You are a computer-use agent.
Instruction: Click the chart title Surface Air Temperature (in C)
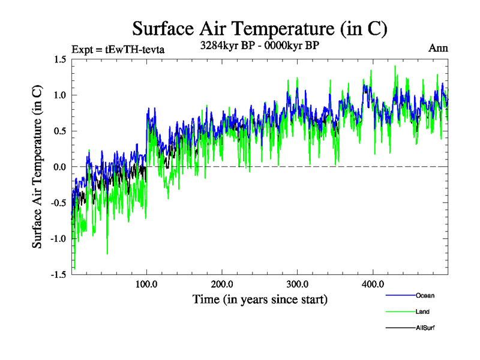[x=260, y=28]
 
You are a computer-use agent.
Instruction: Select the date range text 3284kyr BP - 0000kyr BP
[x=259, y=46]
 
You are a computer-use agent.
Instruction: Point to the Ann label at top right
[x=438, y=48]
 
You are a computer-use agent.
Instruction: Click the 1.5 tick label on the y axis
[x=59, y=59]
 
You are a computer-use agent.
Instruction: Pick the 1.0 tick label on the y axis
[x=59, y=95]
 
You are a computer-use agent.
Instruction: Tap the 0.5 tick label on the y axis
[x=59, y=131]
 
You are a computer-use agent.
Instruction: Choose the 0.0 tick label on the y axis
[x=59, y=167]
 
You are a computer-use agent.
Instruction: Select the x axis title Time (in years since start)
[x=260, y=299]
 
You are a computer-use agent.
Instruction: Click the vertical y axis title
[x=37, y=167]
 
